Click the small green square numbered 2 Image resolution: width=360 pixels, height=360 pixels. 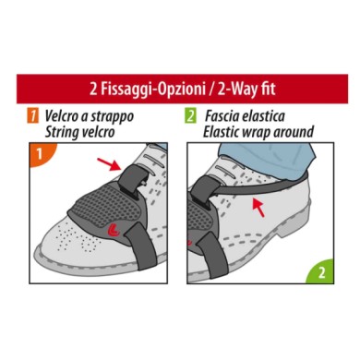[x=191, y=117]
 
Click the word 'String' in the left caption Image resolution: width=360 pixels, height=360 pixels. [x=64, y=131]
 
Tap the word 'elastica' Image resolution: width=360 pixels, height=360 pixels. [x=282, y=116]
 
